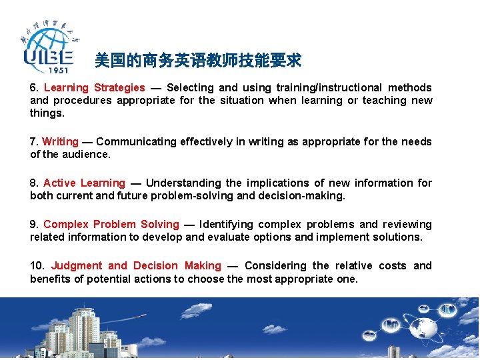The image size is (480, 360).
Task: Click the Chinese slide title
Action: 198,61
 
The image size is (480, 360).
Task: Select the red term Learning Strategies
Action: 94,88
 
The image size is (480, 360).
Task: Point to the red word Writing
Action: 60,142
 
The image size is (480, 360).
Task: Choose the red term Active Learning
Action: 84,183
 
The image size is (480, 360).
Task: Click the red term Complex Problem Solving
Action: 111,225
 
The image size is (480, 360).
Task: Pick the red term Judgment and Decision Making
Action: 136,266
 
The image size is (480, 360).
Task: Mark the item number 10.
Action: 37,266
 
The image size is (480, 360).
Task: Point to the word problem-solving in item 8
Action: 218,196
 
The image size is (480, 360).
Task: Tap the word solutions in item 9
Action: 398,237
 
